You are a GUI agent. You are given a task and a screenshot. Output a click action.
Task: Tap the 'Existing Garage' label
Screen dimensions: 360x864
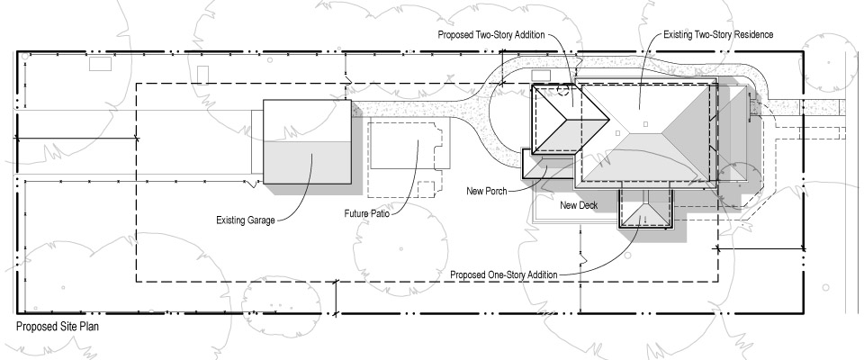[x=247, y=219]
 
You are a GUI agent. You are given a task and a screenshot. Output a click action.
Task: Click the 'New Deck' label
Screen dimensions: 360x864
[x=579, y=205]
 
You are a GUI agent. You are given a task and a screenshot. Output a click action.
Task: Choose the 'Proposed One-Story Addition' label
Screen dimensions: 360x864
[x=502, y=274]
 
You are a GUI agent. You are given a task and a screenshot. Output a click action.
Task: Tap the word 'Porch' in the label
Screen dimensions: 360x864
[x=499, y=191]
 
